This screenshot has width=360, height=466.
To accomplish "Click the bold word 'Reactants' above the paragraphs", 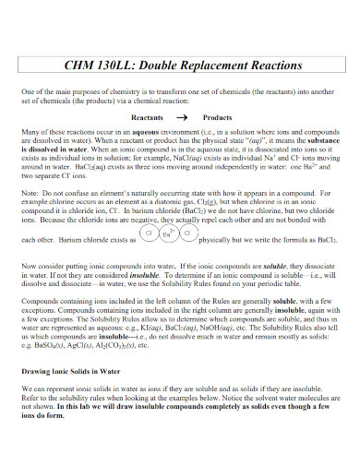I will [149, 118].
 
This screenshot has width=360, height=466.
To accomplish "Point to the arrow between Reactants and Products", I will [181, 118].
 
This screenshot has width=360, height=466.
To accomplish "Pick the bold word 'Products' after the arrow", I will [217, 118].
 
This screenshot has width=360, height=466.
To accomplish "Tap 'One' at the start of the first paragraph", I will [28, 92].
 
